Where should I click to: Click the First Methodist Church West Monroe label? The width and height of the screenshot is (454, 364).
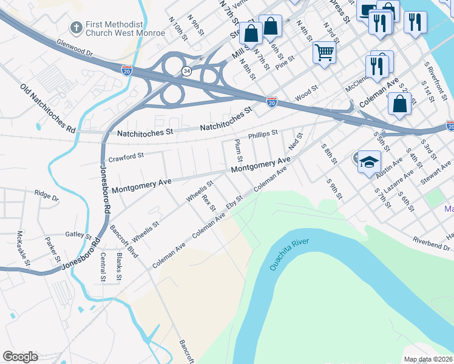(125, 29)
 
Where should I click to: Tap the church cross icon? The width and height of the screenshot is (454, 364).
(76, 28)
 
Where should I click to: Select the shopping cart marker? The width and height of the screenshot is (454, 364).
(325, 52)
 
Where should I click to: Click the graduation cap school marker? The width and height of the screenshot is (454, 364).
(368, 162)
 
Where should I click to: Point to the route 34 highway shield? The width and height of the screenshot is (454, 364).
(186, 71)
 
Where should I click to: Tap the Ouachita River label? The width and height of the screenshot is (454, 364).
(290, 254)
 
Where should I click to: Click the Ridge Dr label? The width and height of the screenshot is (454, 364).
(46, 197)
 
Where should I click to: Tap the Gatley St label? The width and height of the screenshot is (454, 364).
(78, 235)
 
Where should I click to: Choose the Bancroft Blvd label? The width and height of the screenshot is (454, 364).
(124, 241)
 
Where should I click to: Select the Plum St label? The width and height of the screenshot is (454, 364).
(239, 150)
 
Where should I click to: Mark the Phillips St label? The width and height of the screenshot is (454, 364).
(262, 132)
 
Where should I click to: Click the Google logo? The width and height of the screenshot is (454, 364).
(20, 357)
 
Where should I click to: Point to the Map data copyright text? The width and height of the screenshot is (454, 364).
(428, 359)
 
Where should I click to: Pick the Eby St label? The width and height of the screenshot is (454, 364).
(234, 202)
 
